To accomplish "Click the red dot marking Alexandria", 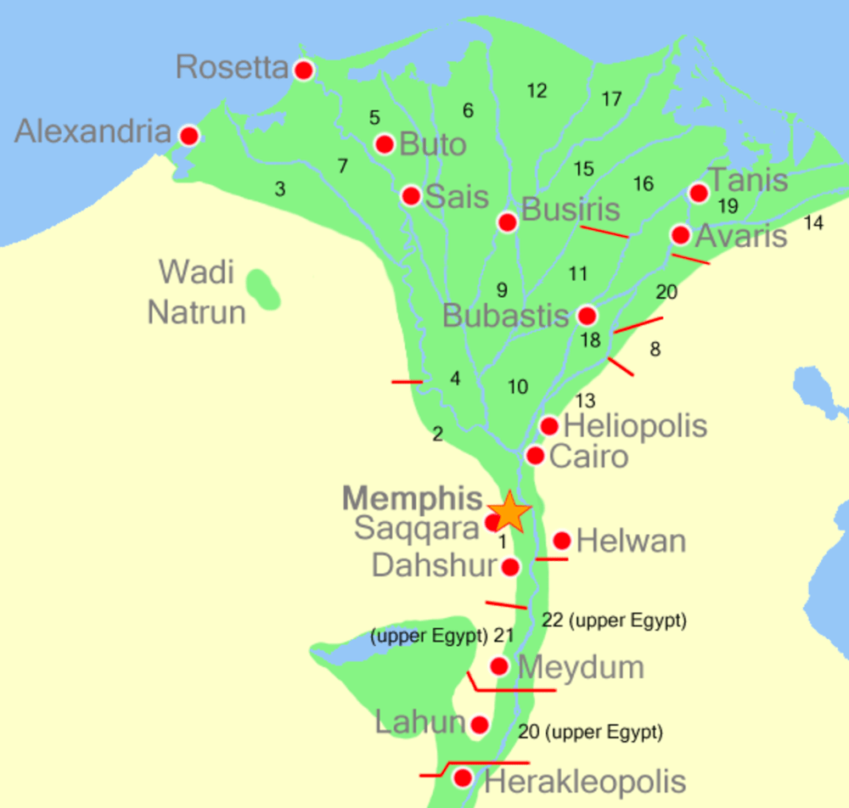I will pyautogui.click(x=189, y=136).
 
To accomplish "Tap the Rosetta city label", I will pyautogui.click(x=232, y=67).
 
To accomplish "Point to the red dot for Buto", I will pyautogui.click(x=385, y=143).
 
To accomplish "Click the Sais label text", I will pyautogui.click(x=457, y=197).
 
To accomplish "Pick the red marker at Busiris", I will pyautogui.click(x=508, y=222).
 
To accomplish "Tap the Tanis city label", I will pyautogui.click(x=748, y=180).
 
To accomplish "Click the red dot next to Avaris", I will pyautogui.click(x=680, y=234).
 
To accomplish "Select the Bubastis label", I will pyautogui.click(x=505, y=317).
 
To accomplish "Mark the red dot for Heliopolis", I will pyautogui.click(x=549, y=426).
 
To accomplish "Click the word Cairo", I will pyautogui.click(x=589, y=457).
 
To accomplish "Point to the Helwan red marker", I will pyautogui.click(x=561, y=541).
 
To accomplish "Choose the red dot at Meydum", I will pyautogui.click(x=499, y=666).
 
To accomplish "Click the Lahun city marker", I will pyautogui.click(x=480, y=725).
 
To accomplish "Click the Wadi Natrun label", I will pyautogui.click(x=197, y=293).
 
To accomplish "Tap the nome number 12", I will pyautogui.click(x=537, y=91).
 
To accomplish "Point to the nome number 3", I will pyautogui.click(x=280, y=189).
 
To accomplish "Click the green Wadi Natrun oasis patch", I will pyautogui.click(x=263, y=289).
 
